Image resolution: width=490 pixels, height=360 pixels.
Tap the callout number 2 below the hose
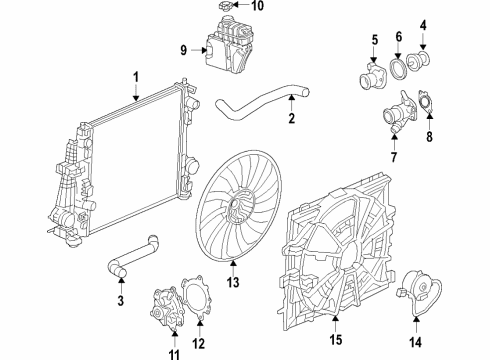(292, 120)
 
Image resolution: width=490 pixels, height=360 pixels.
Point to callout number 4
(423, 25)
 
